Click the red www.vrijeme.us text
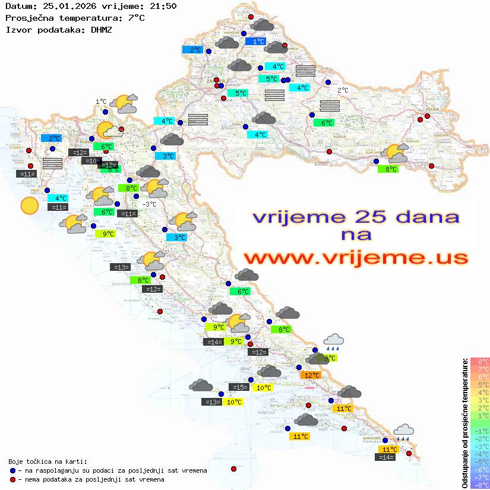[x=355, y=258]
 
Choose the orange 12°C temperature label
[x=311, y=375]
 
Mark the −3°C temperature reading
[x=150, y=204]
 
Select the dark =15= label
[x=239, y=387]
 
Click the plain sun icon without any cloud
[x=29, y=206]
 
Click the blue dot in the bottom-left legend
[x=12, y=470]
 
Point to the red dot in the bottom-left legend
[x=12, y=479]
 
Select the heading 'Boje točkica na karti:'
[x=48, y=461]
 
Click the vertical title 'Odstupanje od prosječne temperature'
[x=464, y=423]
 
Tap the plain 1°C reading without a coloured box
[x=101, y=102]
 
